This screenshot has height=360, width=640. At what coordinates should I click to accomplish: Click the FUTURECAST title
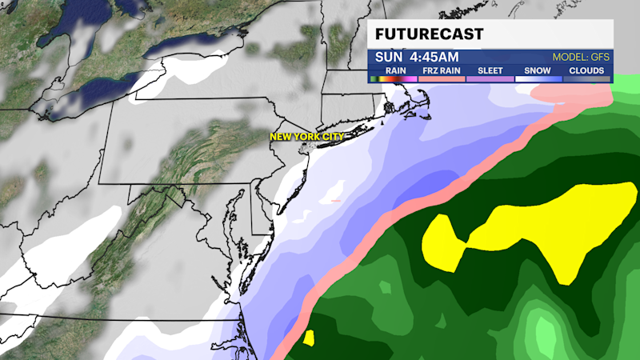coord(429,35)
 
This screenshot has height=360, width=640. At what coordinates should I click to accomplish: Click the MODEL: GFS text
coord(581,58)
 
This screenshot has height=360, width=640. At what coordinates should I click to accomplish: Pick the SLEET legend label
coord(490,70)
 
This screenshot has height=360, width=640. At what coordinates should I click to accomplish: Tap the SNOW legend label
coord(538,70)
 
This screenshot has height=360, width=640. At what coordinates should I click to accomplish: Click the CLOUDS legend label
coord(586,70)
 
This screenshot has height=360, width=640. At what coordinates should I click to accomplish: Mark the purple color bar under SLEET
coord(490,78)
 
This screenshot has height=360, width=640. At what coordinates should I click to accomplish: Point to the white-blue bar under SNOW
coord(538,78)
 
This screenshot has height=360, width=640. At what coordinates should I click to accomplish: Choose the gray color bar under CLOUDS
coord(586,78)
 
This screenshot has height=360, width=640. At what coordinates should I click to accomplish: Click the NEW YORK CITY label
coord(306,137)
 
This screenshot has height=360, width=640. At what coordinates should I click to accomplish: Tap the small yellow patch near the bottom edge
coord(309,338)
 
